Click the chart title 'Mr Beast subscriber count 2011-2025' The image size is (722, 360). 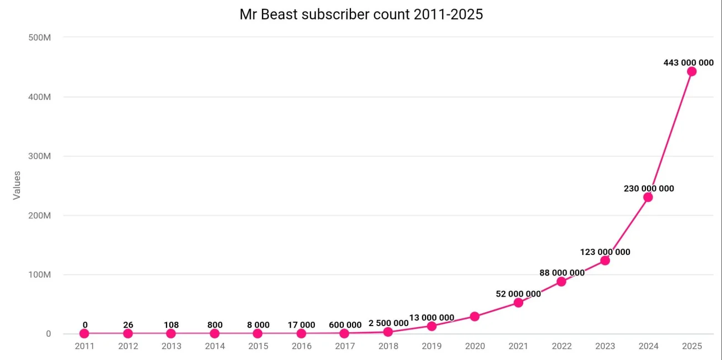click(361, 14)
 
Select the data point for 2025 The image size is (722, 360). click(691, 71)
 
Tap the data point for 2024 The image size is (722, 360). click(648, 197)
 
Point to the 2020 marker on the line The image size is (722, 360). click(474, 317)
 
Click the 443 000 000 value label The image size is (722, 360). click(688, 63)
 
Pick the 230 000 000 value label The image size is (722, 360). click(649, 188)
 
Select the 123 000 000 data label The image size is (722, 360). click(605, 252)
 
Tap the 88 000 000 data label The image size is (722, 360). click(561, 273)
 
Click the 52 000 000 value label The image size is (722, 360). click(518, 294)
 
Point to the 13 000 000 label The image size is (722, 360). click(432, 318)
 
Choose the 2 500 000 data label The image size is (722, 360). click(388, 323)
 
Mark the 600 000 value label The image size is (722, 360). click(345, 325)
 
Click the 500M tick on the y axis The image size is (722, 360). click(40, 37)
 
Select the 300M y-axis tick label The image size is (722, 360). click(40, 156)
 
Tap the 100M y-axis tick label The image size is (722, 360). click(40, 274)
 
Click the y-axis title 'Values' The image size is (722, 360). click(17, 186)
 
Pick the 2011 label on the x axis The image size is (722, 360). click(84, 346)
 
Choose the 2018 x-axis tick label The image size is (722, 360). click(388, 346)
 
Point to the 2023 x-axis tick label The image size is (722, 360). click(605, 346)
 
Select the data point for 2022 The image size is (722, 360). click(561, 282)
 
